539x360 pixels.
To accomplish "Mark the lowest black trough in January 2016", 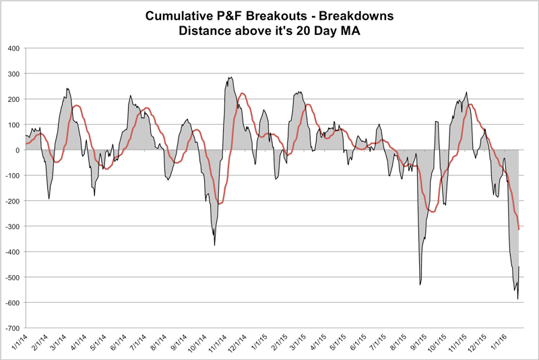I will (517, 299).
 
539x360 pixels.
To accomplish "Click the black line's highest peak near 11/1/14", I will (231, 78).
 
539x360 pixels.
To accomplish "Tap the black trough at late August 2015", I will (420, 284).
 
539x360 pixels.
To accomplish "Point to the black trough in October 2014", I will (214, 245).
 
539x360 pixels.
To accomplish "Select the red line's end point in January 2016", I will (519, 230).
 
